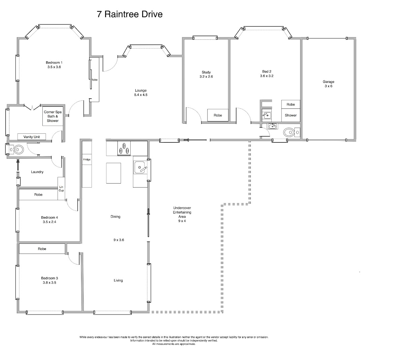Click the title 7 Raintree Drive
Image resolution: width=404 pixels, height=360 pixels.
click(x=130, y=14)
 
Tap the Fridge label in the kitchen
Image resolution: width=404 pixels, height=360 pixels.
click(x=87, y=159)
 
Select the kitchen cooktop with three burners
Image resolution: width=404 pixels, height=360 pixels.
click(x=124, y=148)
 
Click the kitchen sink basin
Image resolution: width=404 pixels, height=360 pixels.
click(x=140, y=167)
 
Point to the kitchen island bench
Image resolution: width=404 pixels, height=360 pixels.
click(x=113, y=173)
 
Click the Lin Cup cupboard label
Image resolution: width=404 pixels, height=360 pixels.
click(x=61, y=189)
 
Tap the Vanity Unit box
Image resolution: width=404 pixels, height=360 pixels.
click(x=32, y=137)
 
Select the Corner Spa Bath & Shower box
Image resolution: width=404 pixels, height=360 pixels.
click(x=53, y=116)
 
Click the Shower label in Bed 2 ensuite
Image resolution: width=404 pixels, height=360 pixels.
click(x=291, y=115)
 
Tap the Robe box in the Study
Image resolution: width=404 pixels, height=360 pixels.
click(x=218, y=115)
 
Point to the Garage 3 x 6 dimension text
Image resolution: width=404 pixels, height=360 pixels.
click(x=329, y=86)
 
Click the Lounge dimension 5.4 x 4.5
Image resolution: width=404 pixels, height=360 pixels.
click(x=141, y=95)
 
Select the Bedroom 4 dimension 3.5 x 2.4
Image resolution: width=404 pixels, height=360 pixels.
click(x=49, y=222)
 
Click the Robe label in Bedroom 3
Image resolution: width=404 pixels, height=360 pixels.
click(x=42, y=249)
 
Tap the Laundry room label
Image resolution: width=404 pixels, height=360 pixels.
click(x=37, y=172)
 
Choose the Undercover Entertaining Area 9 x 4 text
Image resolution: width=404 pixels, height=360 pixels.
click(x=182, y=214)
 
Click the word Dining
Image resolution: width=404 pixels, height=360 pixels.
click(x=115, y=217)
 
